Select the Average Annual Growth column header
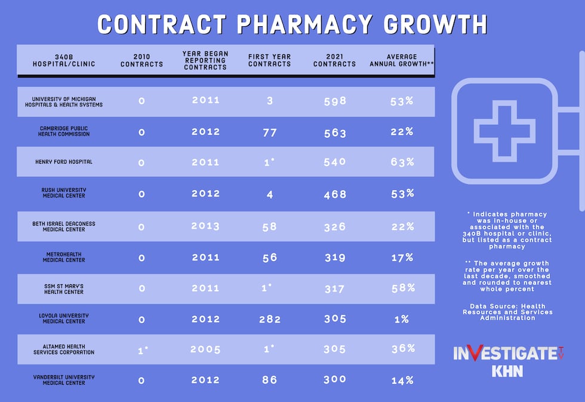(x=401, y=60)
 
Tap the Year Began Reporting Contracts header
(x=205, y=60)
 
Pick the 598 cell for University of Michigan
(x=335, y=101)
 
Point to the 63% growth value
(x=402, y=162)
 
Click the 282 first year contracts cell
(x=270, y=319)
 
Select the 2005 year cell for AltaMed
(x=205, y=349)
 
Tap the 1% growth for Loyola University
(x=402, y=319)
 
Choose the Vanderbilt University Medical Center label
(x=63, y=380)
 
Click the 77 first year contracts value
(x=270, y=132)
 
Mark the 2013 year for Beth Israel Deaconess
(x=205, y=226)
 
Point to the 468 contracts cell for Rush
(x=335, y=194)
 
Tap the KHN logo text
(x=507, y=371)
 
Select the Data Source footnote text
(x=507, y=312)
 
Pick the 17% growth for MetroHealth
(x=402, y=257)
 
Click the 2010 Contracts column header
(x=141, y=60)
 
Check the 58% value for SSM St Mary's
(x=402, y=288)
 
